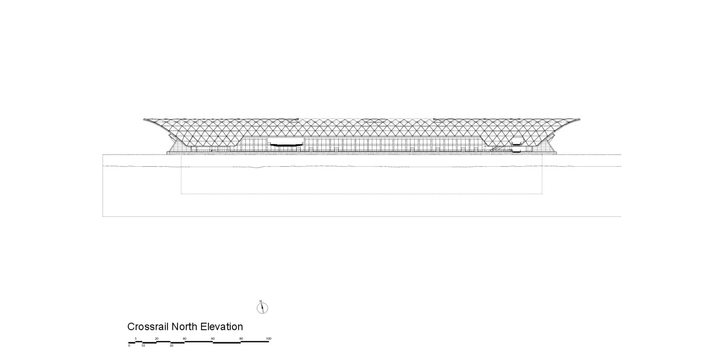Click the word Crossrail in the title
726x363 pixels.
click(148, 327)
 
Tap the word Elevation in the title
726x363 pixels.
click(221, 327)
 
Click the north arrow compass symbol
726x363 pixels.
click(262, 308)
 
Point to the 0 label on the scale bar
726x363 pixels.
click(129, 346)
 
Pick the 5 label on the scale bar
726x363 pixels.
click(136, 339)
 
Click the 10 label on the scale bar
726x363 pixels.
click(143, 346)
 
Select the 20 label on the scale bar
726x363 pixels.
click(157, 339)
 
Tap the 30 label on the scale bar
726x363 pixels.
click(171, 346)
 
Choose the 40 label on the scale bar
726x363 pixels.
click(184, 339)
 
